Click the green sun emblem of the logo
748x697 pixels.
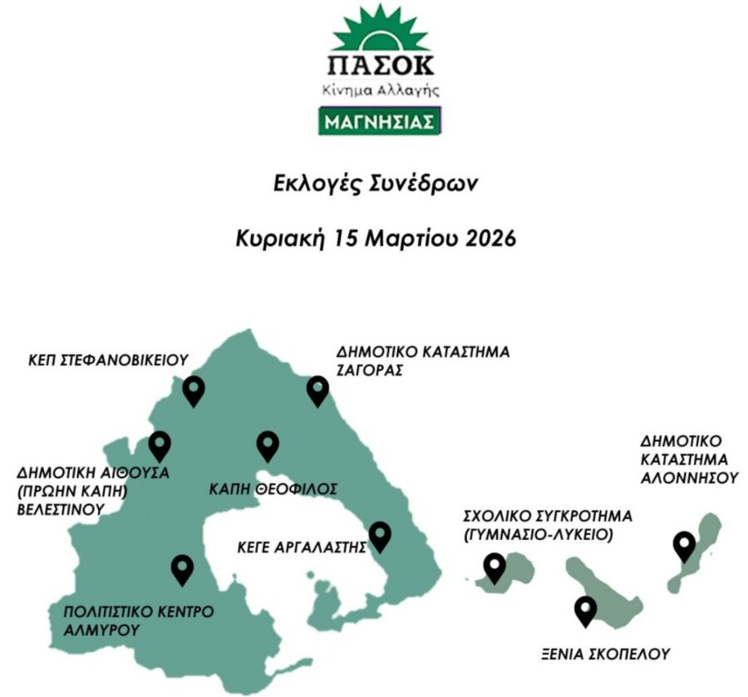[380, 30]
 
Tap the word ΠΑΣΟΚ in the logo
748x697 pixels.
[380, 65]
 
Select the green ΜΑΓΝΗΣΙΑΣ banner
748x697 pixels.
[380, 121]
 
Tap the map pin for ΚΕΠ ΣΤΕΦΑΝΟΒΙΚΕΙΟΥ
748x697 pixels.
[194, 389]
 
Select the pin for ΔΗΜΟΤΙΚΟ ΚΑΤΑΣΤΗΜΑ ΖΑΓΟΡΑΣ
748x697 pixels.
[317, 389]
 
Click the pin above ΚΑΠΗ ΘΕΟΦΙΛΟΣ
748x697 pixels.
[268, 444]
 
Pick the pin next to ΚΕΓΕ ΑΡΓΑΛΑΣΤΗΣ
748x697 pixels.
[380, 535]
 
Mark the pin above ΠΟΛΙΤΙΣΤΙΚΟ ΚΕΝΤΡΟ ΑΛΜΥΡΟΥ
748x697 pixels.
[182, 568]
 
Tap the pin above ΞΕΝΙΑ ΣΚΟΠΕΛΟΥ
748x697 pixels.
[586, 610]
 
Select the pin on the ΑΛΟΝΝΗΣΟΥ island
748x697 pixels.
[684, 545]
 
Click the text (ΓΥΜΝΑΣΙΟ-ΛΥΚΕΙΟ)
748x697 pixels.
[539, 536]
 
